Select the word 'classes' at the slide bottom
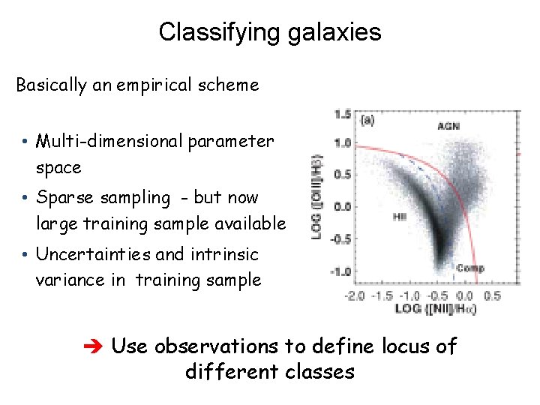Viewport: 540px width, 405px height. coord(315,371)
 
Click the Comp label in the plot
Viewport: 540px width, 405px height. coord(470,268)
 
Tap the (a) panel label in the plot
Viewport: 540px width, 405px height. coord(369,118)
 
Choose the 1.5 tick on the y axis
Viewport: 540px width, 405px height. coord(342,115)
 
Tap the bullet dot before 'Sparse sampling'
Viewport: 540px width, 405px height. coord(25,199)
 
